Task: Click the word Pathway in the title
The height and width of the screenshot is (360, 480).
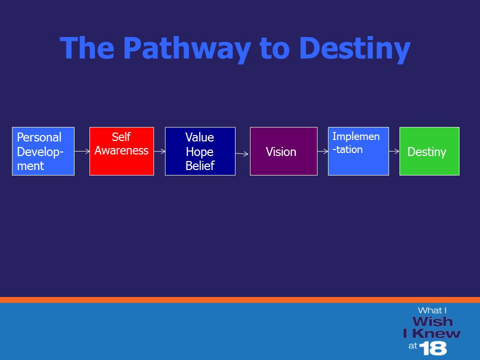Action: pyautogui.click(x=187, y=49)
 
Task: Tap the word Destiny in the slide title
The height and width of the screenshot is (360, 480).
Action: pyautogui.click(x=354, y=49)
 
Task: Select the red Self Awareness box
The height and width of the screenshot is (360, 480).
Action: pyautogui.click(x=121, y=151)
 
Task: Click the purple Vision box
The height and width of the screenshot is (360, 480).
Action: pyautogui.click(x=283, y=151)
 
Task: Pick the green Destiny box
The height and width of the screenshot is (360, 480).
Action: pyautogui.click(x=429, y=151)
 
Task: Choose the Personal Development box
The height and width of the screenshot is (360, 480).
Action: pyautogui.click(x=43, y=151)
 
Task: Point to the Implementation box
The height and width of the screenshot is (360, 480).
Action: pyautogui.click(x=358, y=151)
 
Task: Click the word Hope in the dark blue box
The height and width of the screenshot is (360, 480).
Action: pyautogui.click(x=199, y=152)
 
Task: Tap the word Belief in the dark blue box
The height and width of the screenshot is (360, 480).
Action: pyautogui.click(x=200, y=165)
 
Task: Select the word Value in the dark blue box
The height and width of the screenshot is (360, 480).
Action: pyautogui.click(x=199, y=137)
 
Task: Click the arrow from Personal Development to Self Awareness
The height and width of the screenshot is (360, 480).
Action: pyautogui.click(x=82, y=151)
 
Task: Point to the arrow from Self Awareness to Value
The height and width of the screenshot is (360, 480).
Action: pyautogui.click(x=159, y=151)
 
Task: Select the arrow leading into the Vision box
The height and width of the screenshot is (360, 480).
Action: pyautogui.click(x=242, y=153)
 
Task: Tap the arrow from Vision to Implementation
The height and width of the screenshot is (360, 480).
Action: pyautogui.click(x=322, y=151)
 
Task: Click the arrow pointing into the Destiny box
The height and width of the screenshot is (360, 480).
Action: pyautogui.click(x=394, y=151)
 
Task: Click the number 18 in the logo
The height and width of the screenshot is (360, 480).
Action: pyautogui.click(x=433, y=348)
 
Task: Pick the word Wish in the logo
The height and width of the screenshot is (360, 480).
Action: pyautogui.click(x=432, y=321)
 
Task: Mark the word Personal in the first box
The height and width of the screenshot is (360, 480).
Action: pyautogui.click(x=39, y=137)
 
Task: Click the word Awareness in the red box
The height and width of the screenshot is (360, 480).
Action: pyautogui.click(x=121, y=150)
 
